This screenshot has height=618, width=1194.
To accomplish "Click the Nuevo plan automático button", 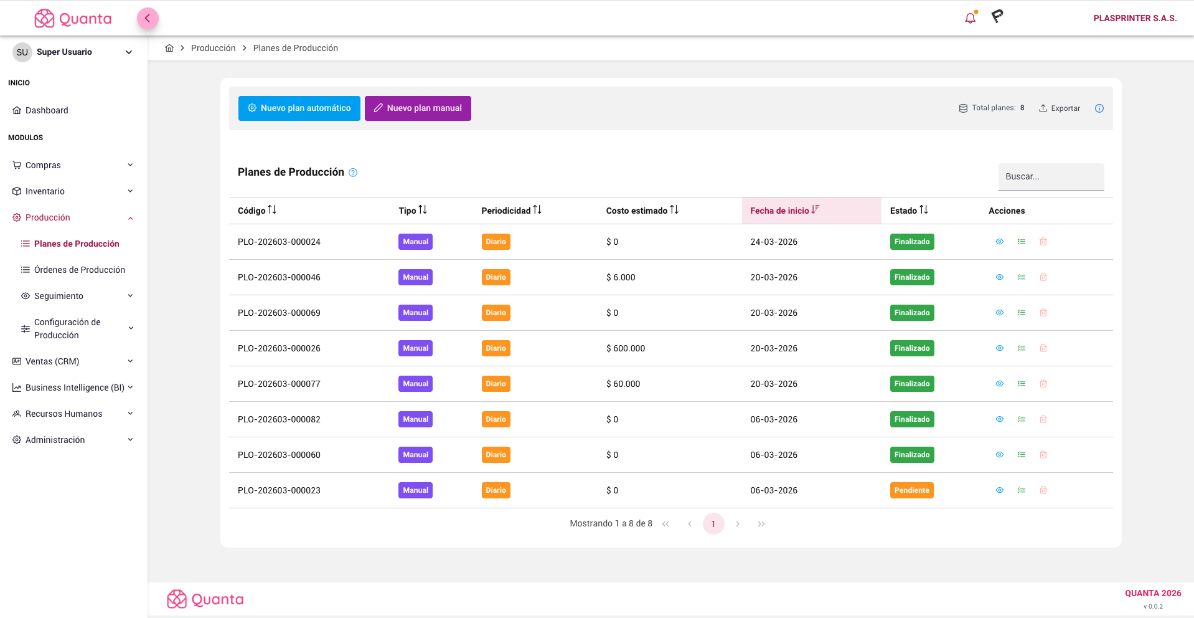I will pyautogui.click(x=299, y=108).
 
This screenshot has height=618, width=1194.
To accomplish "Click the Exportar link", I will pyautogui.click(x=1060, y=108).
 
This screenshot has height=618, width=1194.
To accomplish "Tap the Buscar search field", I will pyautogui.click(x=1050, y=177).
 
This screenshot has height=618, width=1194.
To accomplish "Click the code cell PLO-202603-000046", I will pyautogui.click(x=279, y=277).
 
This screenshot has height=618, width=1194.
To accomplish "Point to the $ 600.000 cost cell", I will pyautogui.click(x=625, y=348).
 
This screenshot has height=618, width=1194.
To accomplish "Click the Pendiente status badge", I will pyautogui.click(x=911, y=490).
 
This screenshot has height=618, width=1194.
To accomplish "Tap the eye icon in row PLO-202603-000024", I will pyautogui.click(x=999, y=242).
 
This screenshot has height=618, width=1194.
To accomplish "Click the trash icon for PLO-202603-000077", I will pyautogui.click(x=1043, y=384).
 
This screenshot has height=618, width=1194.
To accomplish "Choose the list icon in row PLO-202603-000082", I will pyautogui.click(x=1021, y=419).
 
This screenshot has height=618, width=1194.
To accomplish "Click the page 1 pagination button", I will pyautogui.click(x=713, y=524).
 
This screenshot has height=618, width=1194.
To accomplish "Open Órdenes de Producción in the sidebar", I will pyautogui.click(x=79, y=270).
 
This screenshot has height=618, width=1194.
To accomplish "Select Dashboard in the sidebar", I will pyautogui.click(x=47, y=110).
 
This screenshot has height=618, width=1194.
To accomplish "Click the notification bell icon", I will pyautogui.click(x=970, y=18).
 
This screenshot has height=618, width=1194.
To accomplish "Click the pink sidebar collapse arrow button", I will pyautogui.click(x=148, y=18).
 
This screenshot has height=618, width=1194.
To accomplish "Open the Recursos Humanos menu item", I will pyautogui.click(x=63, y=414).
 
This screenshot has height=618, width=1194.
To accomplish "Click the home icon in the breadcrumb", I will pyautogui.click(x=169, y=48).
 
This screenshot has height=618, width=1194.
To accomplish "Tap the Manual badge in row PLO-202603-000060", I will pyautogui.click(x=415, y=455).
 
